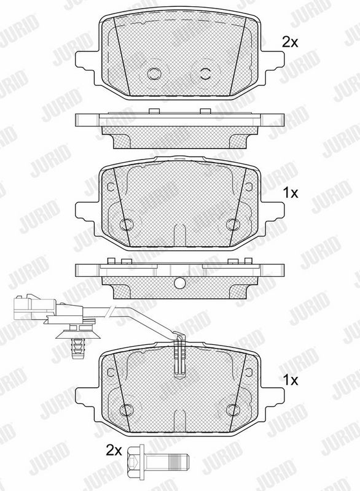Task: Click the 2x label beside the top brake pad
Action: (x=290, y=42)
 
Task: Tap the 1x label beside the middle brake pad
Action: (x=291, y=193)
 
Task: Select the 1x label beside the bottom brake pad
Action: (x=291, y=380)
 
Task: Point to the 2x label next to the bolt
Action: (x=114, y=450)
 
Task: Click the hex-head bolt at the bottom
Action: (x=157, y=462)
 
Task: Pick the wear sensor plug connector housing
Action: (x=34, y=306)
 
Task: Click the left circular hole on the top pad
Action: (x=154, y=74)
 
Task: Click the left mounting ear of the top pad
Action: (x=85, y=64)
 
